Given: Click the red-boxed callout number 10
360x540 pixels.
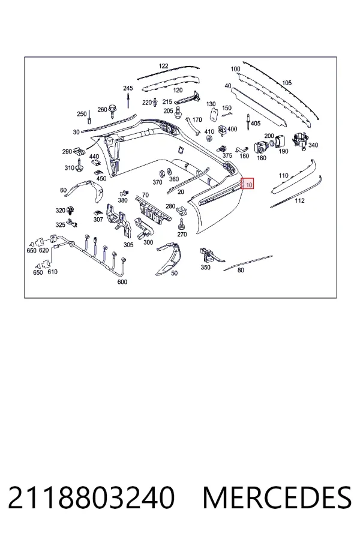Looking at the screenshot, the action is [249, 185].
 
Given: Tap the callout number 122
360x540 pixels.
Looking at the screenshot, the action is [164, 66].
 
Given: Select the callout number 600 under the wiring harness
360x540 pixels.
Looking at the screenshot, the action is [122, 282].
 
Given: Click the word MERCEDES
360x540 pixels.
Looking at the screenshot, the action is [277, 497].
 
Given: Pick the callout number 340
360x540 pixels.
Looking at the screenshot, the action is [313, 145].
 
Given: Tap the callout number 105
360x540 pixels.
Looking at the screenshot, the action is [287, 83].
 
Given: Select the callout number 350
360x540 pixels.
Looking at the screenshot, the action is [205, 267].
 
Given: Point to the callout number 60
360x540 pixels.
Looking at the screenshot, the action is [64, 190].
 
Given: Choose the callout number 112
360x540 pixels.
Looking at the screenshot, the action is [300, 200].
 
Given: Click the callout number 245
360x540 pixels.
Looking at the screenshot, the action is [128, 89].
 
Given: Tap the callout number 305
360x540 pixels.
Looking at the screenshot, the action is [128, 245].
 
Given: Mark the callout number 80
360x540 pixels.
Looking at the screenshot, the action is [241, 271].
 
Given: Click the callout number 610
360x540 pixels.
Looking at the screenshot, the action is [52, 272].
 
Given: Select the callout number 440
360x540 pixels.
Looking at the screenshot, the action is [94, 157].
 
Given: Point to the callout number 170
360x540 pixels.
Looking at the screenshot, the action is [197, 120].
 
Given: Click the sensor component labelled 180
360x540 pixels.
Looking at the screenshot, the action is [260, 148].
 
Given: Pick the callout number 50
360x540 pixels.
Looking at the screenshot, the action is [175, 273].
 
